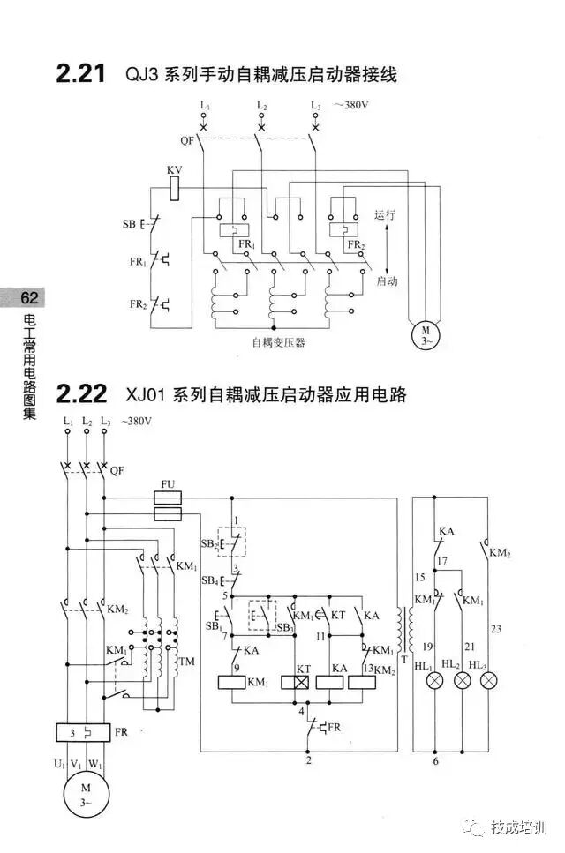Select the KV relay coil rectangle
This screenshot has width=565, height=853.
(175, 187)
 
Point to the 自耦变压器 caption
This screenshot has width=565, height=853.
(278, 342)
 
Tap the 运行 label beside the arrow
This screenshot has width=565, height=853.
(385, 214)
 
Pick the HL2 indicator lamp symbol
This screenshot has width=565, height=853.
(462, 681)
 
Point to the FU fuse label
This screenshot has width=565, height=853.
(168, 485)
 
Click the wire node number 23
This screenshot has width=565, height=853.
(493, 629)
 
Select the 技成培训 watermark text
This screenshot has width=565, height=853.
(519, 828)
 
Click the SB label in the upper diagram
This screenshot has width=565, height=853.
(129, 224)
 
